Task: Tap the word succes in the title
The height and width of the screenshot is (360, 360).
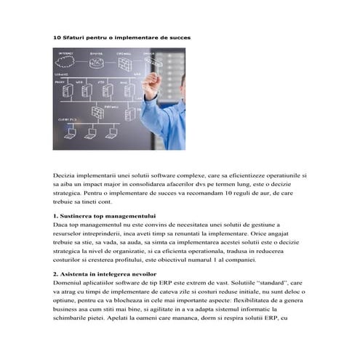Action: tap(179, 36)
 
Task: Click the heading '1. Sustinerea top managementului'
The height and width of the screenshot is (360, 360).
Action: tap(105, 216)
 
